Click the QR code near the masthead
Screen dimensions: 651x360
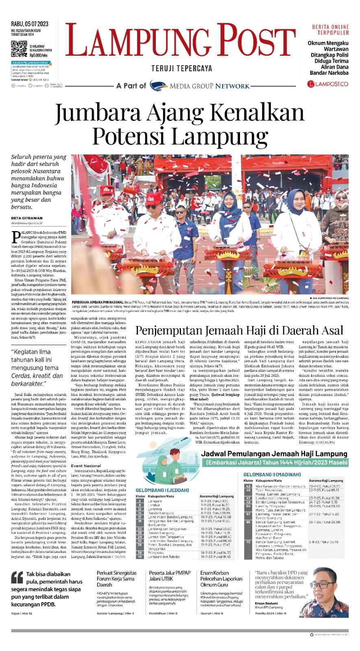tap(19, 49)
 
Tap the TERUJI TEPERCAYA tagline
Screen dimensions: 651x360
tap(181, 68)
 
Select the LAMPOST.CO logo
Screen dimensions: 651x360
tap(328, 84)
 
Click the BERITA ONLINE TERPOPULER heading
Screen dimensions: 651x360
tap(330, 30)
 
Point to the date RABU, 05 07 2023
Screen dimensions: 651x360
tap(30, 24)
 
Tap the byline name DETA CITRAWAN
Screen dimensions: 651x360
tap(27, 218)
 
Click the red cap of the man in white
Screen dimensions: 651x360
tap(153, 198)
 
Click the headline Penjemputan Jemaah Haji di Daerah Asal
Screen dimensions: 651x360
tap(239, 330)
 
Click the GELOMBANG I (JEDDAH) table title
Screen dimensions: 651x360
tap(162, 490)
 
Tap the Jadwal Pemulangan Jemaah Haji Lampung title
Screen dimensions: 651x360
tap(275, 454)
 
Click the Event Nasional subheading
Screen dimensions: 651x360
tap(86, 466)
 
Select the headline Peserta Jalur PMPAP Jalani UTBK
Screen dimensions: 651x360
tap(170, 576)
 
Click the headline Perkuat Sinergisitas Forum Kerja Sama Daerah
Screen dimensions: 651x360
tap(116, 579)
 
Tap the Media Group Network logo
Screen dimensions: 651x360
tap(199, 85)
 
